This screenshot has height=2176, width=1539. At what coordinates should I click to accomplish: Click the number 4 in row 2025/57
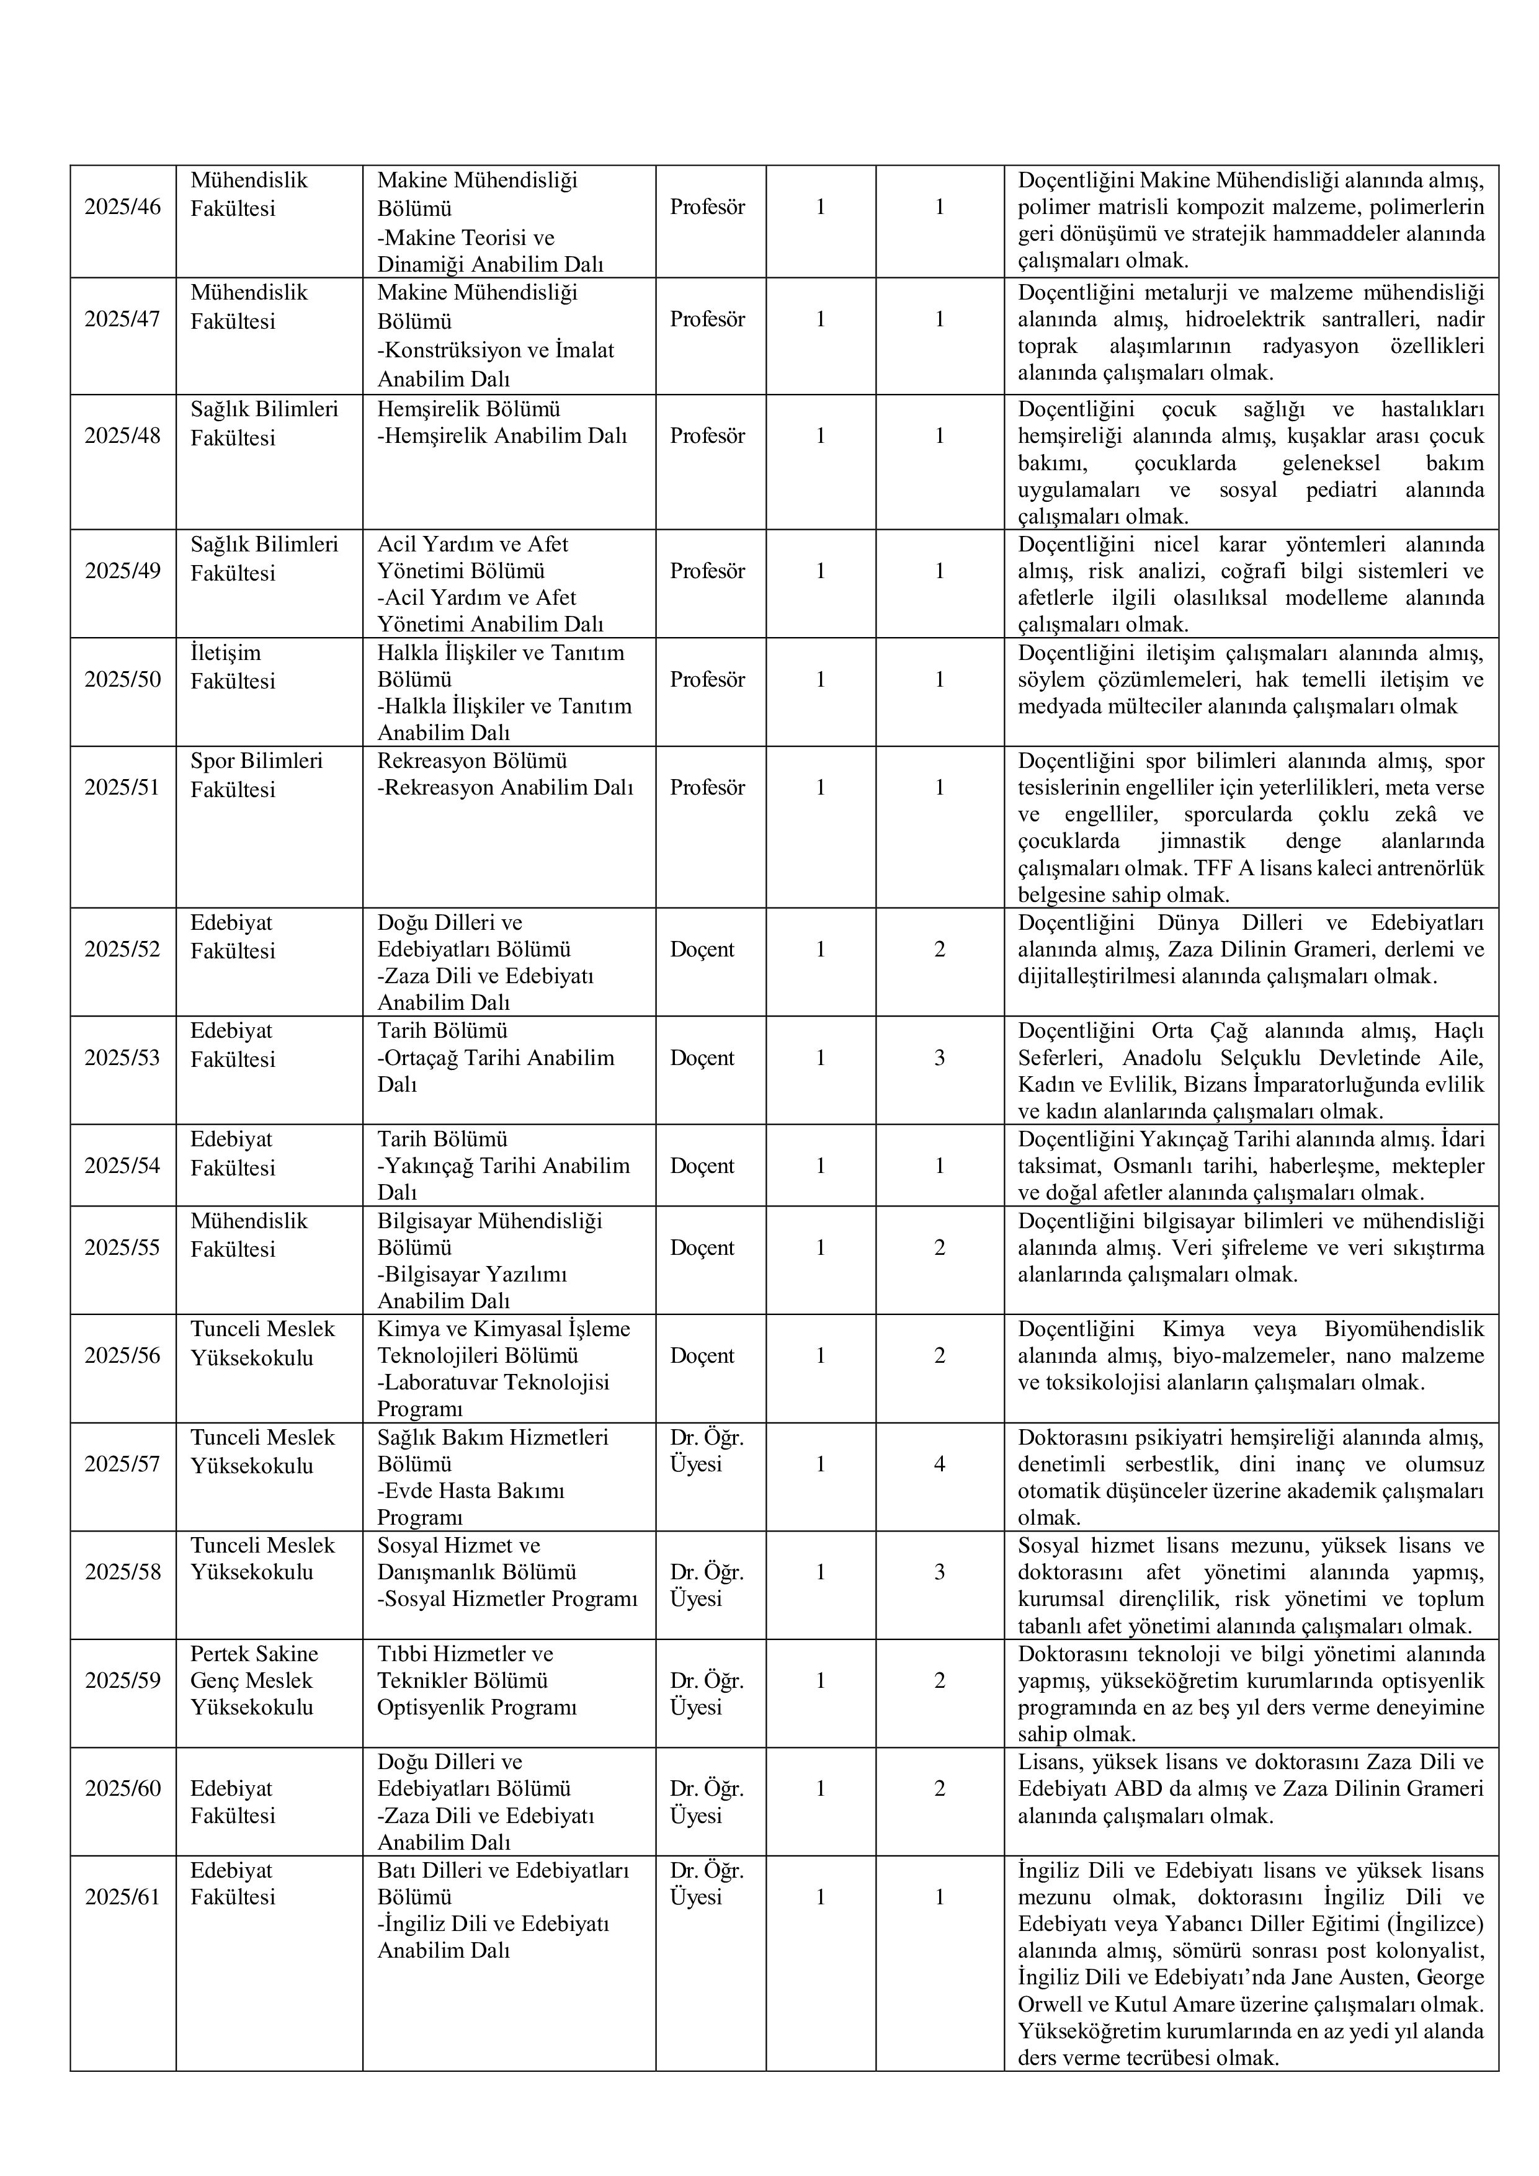[939, 1465]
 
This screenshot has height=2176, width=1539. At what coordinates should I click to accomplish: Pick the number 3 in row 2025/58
[939, 1572]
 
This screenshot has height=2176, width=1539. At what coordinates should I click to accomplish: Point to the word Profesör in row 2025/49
[707, 571]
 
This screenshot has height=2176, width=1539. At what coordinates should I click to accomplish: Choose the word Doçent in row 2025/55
[702, 1247]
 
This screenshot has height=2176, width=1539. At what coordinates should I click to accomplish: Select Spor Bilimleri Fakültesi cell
[256, 774]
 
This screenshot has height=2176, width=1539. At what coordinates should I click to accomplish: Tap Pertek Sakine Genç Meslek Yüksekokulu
[254, 1680]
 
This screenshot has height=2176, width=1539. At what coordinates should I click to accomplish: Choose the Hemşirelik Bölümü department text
[468, 409]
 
